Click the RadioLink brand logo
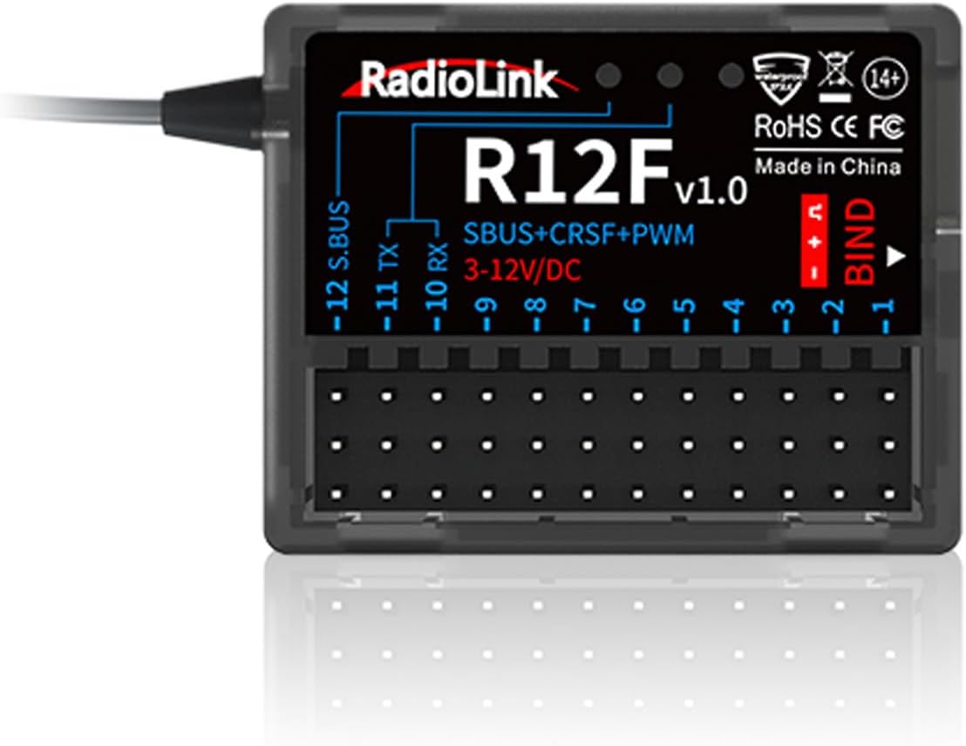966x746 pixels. point(459,80)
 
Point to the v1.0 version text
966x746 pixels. point(711,191)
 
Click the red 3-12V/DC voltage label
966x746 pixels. point(523,270)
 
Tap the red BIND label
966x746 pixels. point(861,240)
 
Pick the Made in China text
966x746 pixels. point(827,167)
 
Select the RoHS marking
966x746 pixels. point(786,127)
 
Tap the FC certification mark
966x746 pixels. point(886,127)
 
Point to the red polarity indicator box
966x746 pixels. point(814,240)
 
